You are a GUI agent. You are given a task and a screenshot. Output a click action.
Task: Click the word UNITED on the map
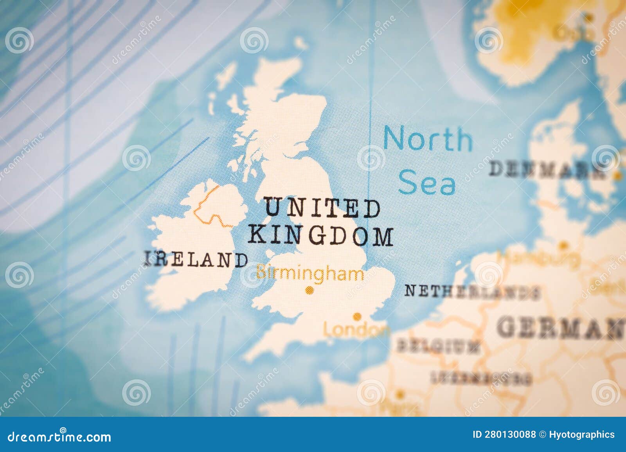coord(322,208)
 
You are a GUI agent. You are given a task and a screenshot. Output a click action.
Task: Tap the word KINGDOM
coord(321,236)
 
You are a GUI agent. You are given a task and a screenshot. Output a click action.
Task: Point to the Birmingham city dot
coord(310,290)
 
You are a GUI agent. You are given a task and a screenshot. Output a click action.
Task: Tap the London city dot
coord(357,316)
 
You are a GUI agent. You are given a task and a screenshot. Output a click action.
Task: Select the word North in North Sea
coord(428,139)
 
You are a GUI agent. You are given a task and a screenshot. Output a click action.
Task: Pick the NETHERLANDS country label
coord(472,291)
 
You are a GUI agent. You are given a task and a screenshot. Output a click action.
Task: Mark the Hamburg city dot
coord(563,246)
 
